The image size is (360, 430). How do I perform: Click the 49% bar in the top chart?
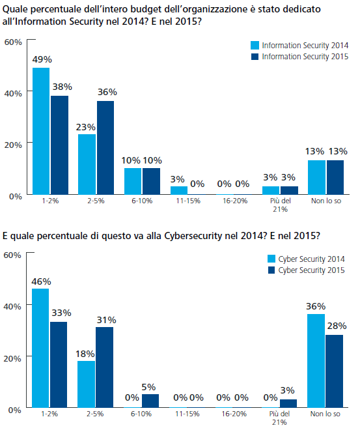(41, 131)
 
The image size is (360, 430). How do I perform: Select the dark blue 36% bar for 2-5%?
(105, 148)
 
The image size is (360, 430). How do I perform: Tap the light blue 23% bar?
(87, 164)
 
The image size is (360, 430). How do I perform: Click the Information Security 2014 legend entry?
(299, 45)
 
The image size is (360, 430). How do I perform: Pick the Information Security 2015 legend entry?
(299, 57)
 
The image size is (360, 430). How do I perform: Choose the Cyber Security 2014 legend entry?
(306, 259)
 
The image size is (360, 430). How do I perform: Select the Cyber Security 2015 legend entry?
(306, 270)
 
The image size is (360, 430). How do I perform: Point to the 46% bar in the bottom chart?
(40, 348)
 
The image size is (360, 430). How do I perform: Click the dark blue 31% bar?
(104, 367)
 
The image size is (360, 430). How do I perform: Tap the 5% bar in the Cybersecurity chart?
(150, 401)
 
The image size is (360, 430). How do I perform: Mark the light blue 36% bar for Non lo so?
(316, 361)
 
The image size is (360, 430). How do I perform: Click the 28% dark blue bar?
(334, 371)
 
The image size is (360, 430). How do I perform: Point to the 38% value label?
(62, 87)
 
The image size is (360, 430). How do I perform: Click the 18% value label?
(85, 354)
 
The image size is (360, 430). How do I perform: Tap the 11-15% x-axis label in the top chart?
(188, 201)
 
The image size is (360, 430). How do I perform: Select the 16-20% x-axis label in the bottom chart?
(234, 414)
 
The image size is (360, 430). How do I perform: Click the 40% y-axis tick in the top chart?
(13, 94)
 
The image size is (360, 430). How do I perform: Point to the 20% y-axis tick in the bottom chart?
(12, 358)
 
